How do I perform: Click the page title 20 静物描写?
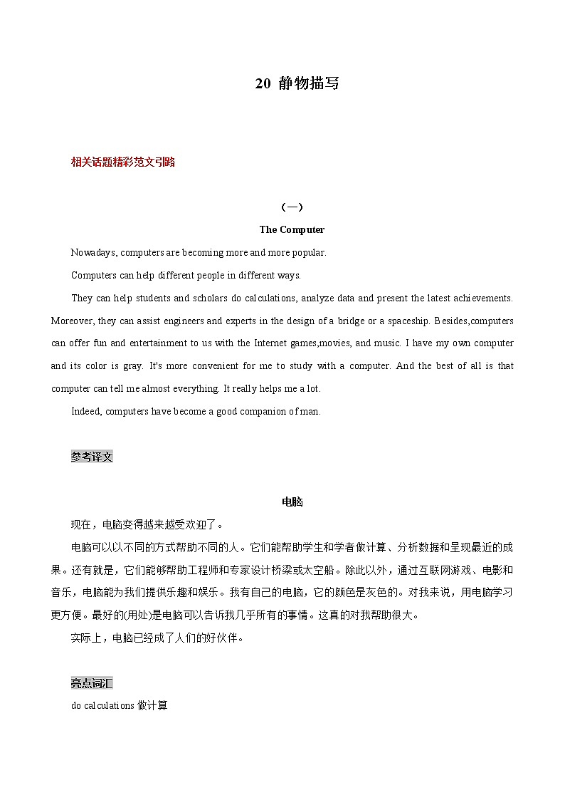[297, 83]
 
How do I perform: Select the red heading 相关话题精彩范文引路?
[123, 162]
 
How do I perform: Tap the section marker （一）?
[292, 207]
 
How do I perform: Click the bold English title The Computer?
[292, 229]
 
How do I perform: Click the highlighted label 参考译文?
[92, 457]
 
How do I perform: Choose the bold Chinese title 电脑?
[292, 502]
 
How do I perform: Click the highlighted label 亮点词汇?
[92, 684]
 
